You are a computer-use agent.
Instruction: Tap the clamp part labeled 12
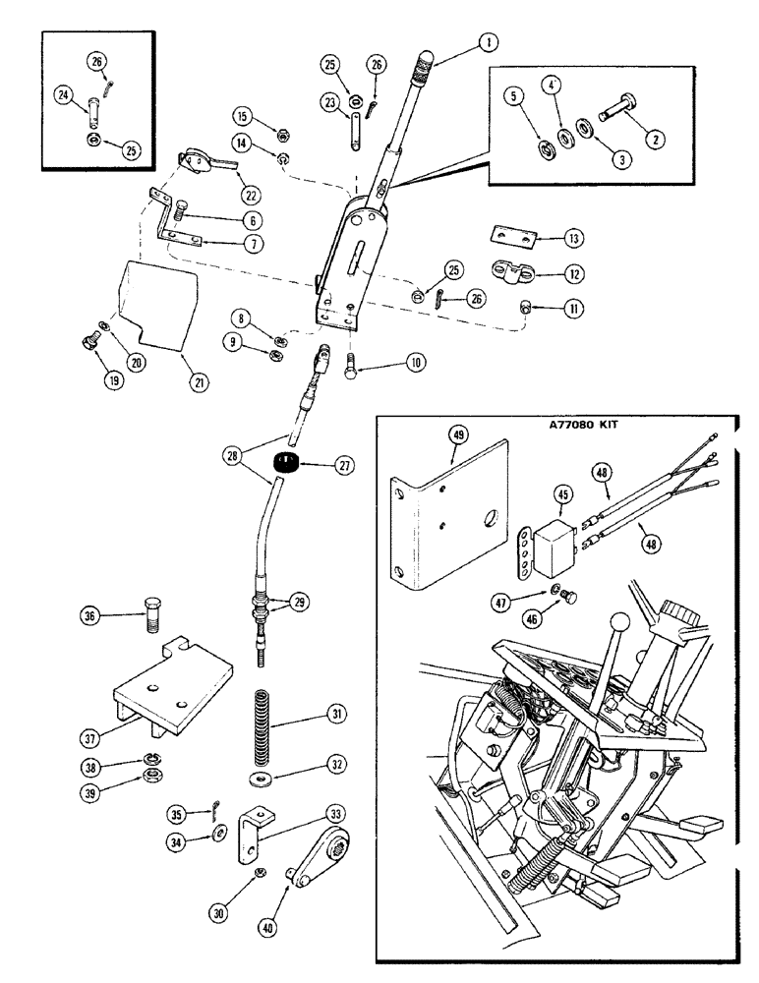point(505,267)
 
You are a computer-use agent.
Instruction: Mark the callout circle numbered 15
point(241,115)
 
